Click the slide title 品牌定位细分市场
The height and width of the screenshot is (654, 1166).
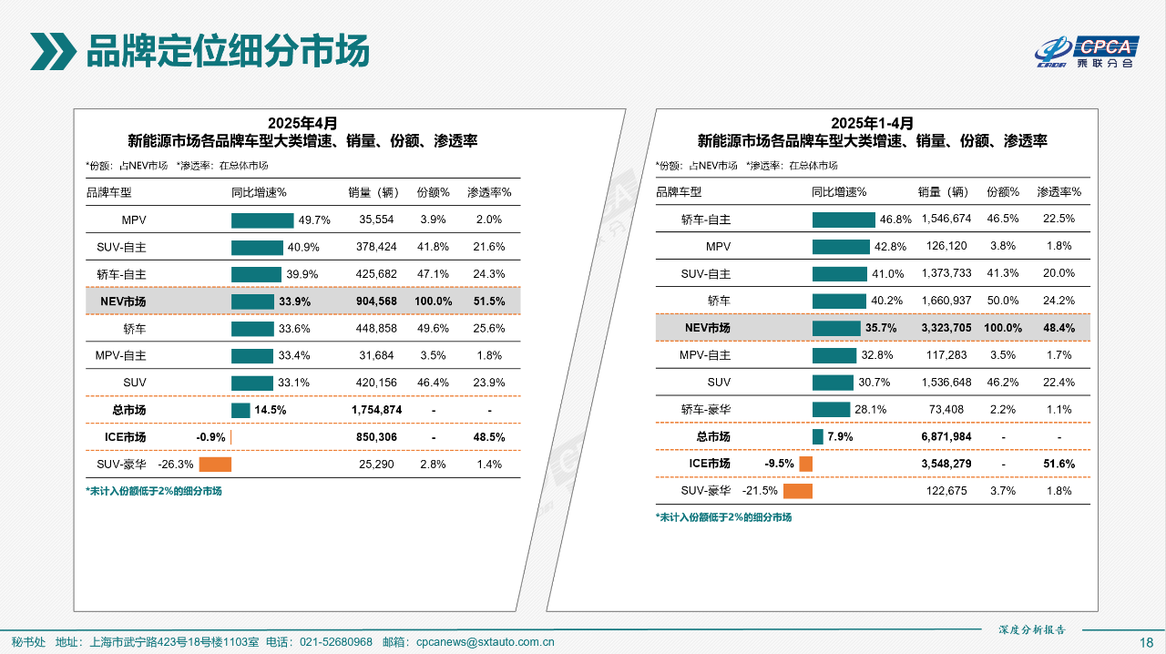[x=228, y=51]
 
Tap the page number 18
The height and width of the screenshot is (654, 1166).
[x=1146, y=641]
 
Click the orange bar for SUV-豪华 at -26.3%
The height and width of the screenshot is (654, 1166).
[x=215, y=465]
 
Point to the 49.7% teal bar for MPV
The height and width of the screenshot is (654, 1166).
[x=262, y=220]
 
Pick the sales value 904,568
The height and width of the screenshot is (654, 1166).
[x=375, y=301]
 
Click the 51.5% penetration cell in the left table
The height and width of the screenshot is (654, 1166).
[x=489, y=301]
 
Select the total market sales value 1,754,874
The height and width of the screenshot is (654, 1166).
[x=376, y=410]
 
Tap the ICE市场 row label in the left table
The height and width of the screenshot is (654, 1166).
[x=125, y=437]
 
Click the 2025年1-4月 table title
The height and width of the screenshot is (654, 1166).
[x=872, y=123]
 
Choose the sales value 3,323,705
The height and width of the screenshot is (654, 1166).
[x=945, y=328]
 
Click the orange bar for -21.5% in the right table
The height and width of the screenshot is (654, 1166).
[x=797, y=492]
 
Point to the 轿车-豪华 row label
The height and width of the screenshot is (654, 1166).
[x=706, y=410]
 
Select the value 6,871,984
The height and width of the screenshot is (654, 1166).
[x=945, y=437]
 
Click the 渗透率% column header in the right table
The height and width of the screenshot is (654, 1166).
[x=1059, y=192]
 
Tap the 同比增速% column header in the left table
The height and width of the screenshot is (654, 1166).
[x=260, y=192]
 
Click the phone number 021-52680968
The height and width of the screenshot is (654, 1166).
[x=336, y=641]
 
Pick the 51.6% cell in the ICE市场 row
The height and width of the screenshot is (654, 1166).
[x=1059, y=465]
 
